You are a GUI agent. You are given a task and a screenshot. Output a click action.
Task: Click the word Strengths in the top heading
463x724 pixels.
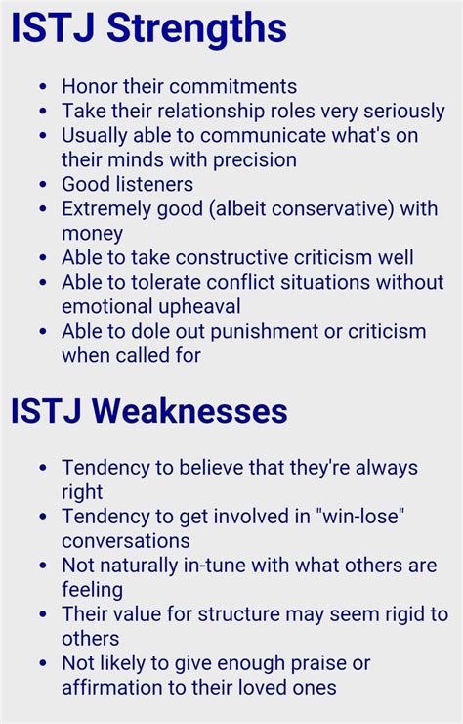point(196,29)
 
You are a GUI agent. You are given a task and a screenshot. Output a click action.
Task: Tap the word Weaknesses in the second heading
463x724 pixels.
point(189,411)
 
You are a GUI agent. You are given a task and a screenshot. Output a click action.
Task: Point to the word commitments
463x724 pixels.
point(237,87)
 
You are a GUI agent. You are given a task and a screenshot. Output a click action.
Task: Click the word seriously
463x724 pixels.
point(404,112)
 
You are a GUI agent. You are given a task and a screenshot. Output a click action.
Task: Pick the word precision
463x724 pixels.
point(255,160)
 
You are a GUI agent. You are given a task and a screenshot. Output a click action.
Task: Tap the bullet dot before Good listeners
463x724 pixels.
point(43,184)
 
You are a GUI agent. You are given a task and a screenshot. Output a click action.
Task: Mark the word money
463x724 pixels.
point(92,234)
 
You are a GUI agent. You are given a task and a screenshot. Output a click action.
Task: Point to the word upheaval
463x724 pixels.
point(198,306)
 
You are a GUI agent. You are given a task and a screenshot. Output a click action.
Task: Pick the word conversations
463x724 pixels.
point(126,541)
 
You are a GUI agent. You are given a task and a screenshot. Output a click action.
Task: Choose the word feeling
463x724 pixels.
point(92,590)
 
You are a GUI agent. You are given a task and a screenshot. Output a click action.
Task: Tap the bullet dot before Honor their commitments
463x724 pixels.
point(43,86)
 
